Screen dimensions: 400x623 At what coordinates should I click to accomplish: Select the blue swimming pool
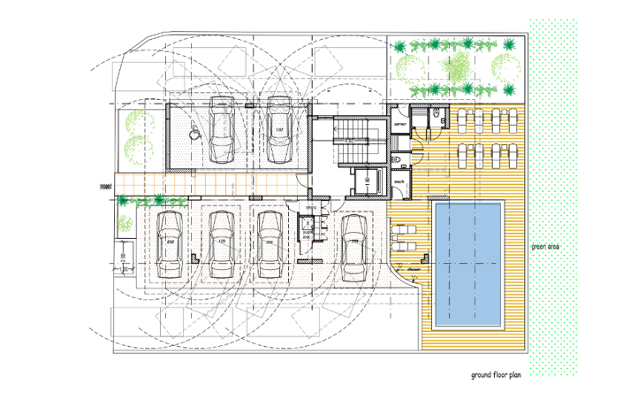[x=467, y=263]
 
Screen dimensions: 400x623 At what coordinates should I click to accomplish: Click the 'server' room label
[x=399, y=126]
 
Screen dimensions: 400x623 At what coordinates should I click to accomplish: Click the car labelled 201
[x=268, y=243]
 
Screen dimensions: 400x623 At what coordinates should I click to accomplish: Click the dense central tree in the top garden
[x=458, y=64]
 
